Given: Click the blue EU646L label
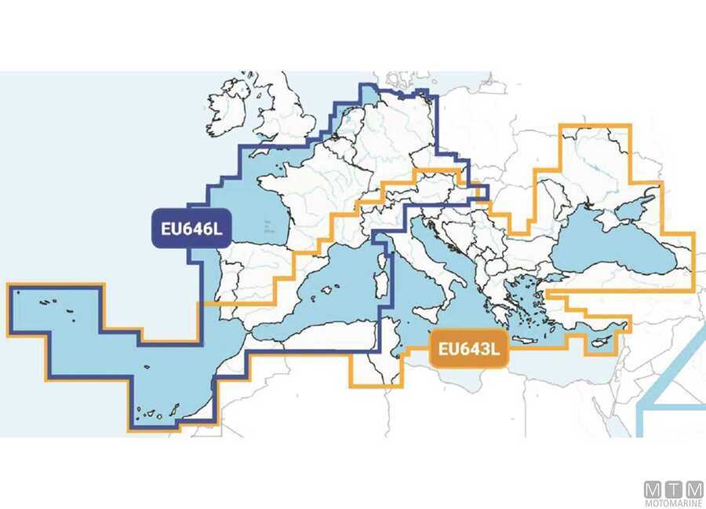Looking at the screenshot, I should (x=188, y=230).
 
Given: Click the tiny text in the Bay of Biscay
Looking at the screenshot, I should (x=268, y=227).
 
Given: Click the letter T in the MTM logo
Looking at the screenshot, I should (x=674, y=488).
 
